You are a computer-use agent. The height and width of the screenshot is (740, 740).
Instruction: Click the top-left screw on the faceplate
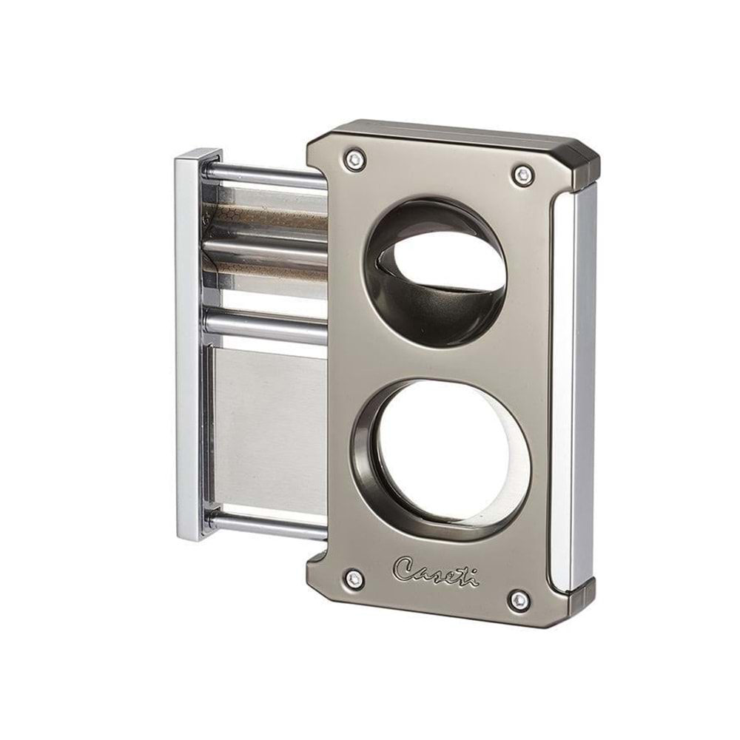click(355, 158)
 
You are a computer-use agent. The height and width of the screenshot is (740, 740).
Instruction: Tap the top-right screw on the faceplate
click(523, 174)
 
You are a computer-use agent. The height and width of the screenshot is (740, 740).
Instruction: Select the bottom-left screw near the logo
click(354, 579)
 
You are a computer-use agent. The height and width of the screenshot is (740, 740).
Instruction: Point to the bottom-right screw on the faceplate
click(519, 600)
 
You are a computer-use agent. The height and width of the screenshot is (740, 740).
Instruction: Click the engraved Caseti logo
click(436, 571)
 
